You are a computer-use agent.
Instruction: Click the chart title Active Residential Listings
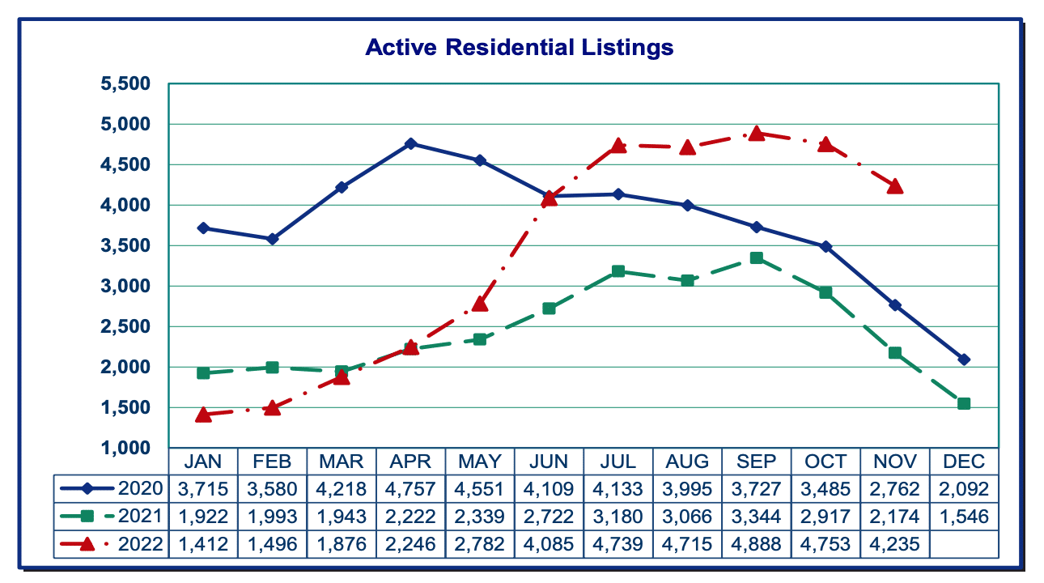[519, 47]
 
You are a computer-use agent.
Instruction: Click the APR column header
[410, 462]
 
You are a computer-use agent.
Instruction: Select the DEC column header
[964, 462]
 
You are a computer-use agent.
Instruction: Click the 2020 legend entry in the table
[112, 488]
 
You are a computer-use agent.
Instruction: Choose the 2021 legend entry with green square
[112, 516]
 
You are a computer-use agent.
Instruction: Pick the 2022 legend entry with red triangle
[112, 544]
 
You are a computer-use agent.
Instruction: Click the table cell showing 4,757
[410, 489]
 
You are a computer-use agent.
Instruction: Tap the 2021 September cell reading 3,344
[757, 517]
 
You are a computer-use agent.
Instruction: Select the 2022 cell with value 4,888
[757, 544]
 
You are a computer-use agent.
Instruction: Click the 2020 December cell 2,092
[964, 489]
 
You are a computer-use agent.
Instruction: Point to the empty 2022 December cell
[964, 544]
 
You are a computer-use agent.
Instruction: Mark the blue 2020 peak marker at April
[411, 143]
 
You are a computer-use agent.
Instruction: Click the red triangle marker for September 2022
[757, 134]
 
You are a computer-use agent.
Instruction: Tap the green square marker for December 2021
[964, 403]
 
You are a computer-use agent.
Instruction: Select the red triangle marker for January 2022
[204, 415]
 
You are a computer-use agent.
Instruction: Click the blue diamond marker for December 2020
[964, 360]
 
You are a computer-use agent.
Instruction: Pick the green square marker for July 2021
[618, 271]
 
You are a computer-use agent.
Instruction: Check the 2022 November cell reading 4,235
[895, 544]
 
